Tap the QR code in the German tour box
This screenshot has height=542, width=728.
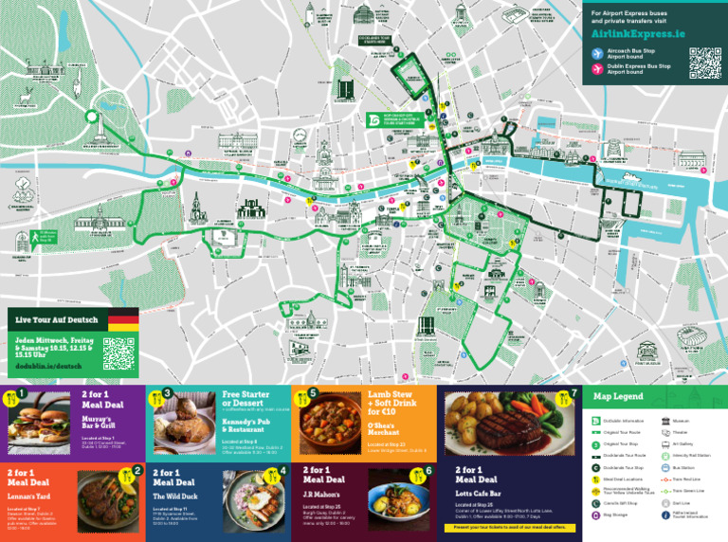tap(119, 353)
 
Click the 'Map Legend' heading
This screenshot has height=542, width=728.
tap(618, 396)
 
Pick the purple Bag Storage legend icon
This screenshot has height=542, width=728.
tap(596, 515)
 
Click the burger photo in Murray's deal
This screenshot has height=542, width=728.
tap(40, 420)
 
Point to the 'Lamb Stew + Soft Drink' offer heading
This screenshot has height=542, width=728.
tap(391, 403)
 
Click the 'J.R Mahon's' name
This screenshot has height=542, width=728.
tap(323, 494)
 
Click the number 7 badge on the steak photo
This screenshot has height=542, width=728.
tap(573, 393)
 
